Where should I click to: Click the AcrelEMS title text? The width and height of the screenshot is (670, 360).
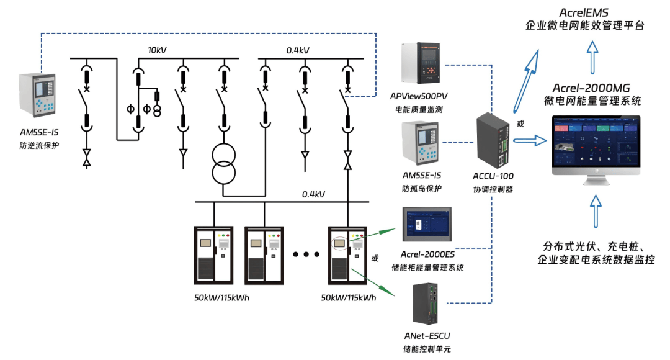[584, 12]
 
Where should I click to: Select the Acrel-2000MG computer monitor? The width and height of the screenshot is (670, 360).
[596, 146]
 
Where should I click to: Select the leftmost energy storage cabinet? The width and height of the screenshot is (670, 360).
[213, 254]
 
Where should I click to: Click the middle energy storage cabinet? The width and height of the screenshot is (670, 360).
[263, 254]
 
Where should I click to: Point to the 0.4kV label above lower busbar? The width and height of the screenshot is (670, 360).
[314, 194]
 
